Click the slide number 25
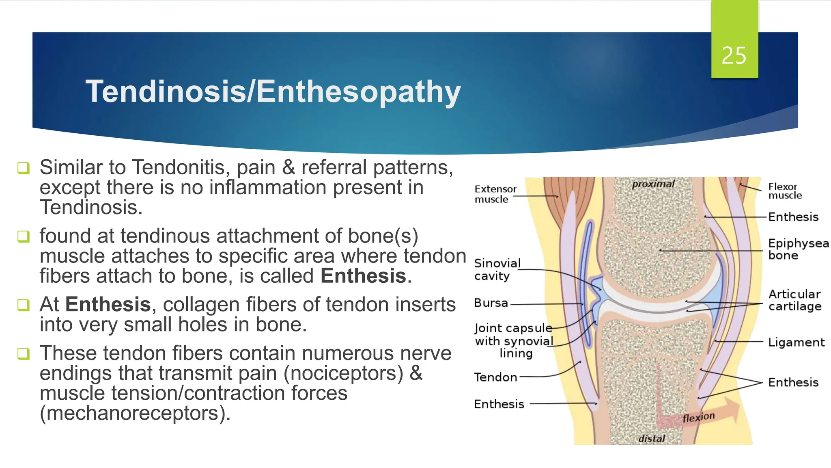(x=734, y=56)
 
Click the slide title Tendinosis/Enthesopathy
(x=273, y=91)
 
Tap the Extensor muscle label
(x=495, y=194)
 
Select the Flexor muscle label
(x=785, y=191)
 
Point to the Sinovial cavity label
(x=497, y=269)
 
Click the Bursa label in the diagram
(x=491, y=303)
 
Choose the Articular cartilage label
(x=794, y=300)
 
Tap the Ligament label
(x=796, y=342)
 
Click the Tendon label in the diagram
(x=495, y=377)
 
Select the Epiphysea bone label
(x=798, y=249)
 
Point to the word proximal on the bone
(x=653, y=184)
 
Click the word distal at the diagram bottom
(x=652, y=439)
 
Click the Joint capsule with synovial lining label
(x=514, y=340)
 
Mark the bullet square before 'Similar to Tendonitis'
(x=24, y=168)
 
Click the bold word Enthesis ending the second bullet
(x=363, y=276)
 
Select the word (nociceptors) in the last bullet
(x=343, y=373)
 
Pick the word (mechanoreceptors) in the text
(x=135, y=414)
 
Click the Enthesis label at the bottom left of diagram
(x=499, y=404)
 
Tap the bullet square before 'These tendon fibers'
(x=24, y=353)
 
